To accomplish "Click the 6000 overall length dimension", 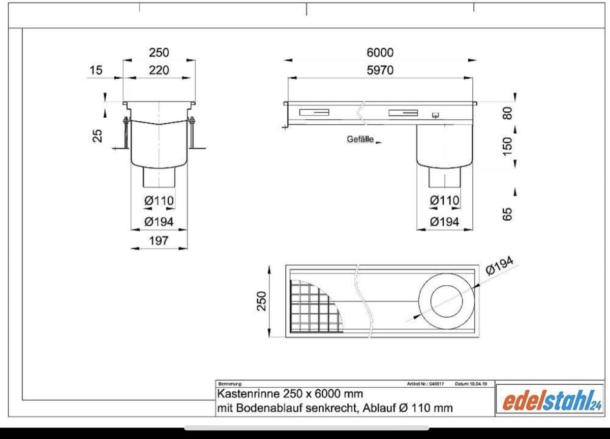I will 380,53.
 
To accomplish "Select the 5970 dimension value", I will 380,71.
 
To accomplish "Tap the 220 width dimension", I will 159,71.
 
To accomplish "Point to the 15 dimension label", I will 96,71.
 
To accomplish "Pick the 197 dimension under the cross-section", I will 159,241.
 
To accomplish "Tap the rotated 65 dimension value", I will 506,213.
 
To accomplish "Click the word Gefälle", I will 360,139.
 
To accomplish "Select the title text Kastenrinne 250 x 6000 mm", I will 290,394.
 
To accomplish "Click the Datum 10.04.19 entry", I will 471,384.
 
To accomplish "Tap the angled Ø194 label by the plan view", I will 500,265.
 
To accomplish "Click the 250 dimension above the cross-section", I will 159,53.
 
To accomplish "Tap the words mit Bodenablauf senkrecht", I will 274,408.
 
